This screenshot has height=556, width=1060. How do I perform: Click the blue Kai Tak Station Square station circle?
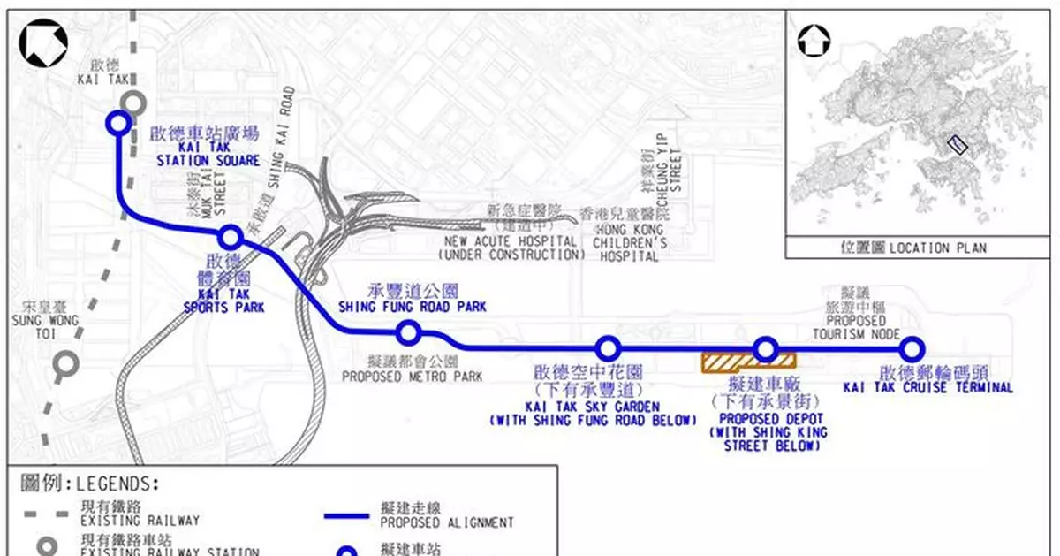[117, 123]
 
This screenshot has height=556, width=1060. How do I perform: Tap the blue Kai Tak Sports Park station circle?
[231, 237]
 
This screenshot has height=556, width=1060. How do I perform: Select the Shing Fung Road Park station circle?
[408, 332]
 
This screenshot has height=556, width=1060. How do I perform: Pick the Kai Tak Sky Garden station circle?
[607, 348]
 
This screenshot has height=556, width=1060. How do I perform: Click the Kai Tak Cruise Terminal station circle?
[912, 348]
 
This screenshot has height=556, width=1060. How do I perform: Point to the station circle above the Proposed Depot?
[765, 348]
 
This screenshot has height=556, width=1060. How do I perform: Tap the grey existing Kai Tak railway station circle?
[133, 103]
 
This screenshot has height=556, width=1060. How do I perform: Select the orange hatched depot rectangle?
[747, 361]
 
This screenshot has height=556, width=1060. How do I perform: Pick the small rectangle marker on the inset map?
[956, 145]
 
